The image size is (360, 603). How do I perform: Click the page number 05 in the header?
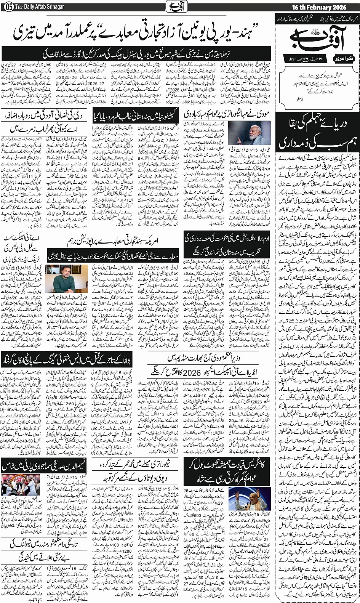tap(7, 7)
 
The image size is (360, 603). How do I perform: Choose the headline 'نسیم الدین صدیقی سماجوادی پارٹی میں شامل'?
tap(44, 465)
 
